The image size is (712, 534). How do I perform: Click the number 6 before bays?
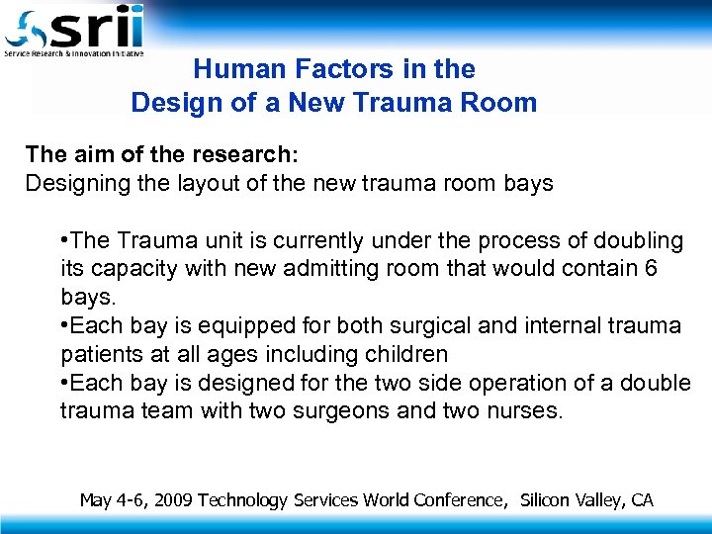649,268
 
